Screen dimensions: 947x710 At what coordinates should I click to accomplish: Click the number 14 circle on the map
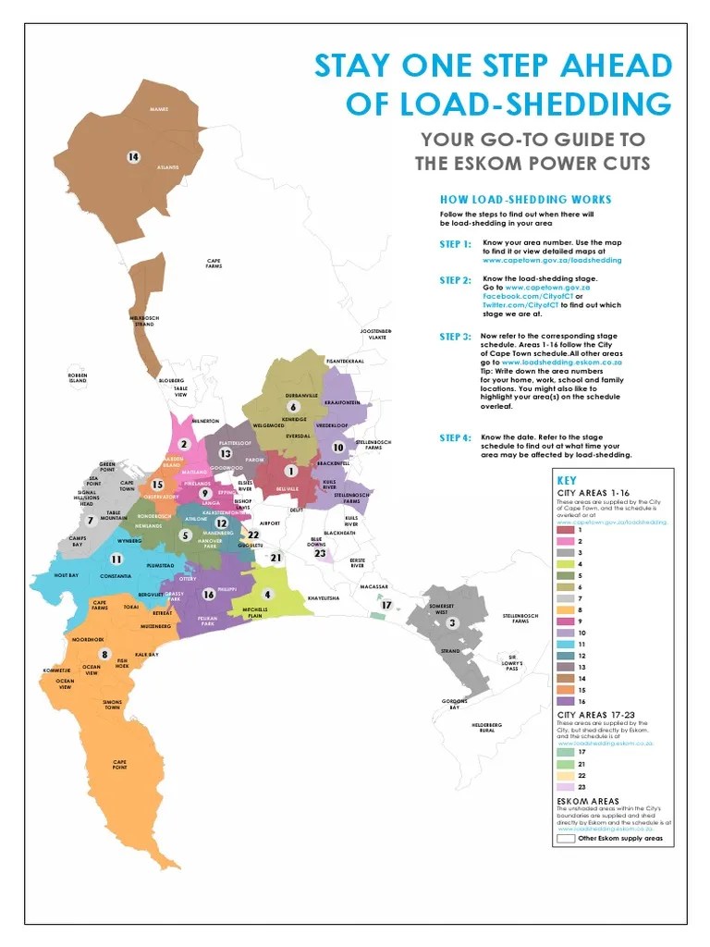click(133, 157)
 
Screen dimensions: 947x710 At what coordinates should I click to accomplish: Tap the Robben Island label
click(78, 377)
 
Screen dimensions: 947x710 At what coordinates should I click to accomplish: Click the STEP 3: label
click(455, 338)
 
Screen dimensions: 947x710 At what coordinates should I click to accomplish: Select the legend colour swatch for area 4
click(565, 562)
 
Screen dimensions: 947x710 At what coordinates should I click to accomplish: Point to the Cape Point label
click(119, 765)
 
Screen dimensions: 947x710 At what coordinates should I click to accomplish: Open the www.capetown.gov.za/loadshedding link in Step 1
click(552, 261)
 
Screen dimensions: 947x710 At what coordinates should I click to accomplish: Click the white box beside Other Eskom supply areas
click(565, 840)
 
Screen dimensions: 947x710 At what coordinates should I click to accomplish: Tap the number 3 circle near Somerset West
click(452, 623)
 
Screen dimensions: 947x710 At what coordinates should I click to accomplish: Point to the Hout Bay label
click(67, 575)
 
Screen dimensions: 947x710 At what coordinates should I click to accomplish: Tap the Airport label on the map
click(270, 523)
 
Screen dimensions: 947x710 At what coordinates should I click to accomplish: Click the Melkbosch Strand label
click(144, 321)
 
